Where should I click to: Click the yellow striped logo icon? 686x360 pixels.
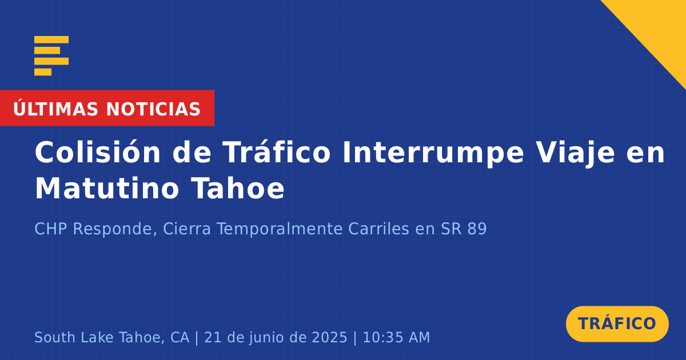pos(51,56)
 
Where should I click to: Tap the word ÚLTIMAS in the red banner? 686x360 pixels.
pos(55,109)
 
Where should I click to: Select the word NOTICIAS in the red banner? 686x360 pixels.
pos(153,109)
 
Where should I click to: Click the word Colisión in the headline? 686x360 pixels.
pos(97,152)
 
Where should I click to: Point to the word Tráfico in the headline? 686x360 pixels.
pos(277,152)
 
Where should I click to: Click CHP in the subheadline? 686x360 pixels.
pos(50,229)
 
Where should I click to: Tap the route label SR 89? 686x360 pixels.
pos(464,229)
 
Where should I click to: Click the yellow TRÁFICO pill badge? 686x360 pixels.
pos(617,324)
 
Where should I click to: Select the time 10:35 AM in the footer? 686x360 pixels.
pos(396,337)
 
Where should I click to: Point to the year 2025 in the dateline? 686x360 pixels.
pos(329,337)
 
